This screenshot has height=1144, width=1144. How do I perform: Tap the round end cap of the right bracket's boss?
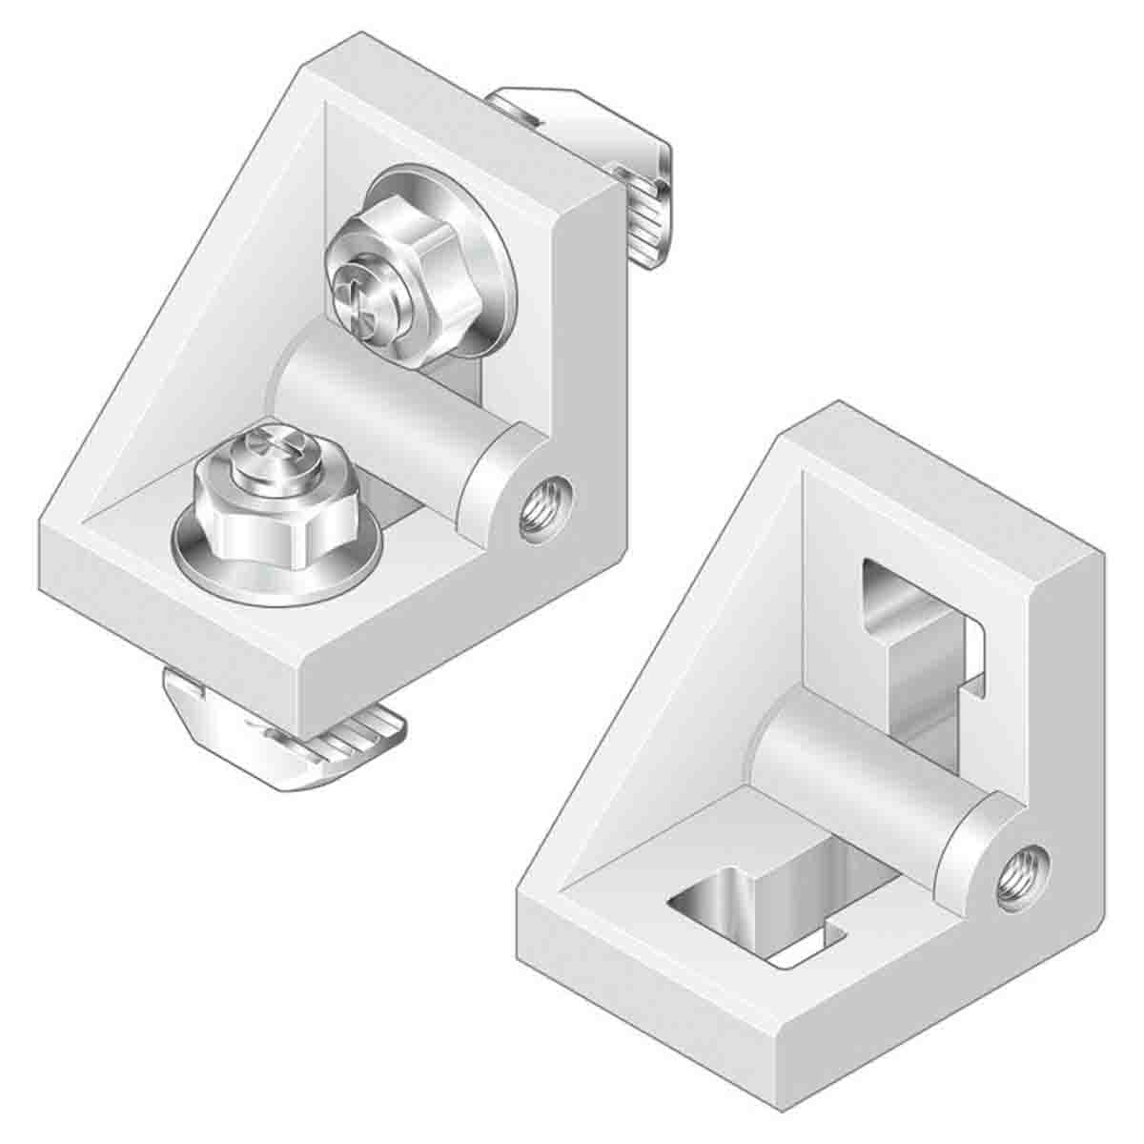pyautogui.click(x=972, y=839)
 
